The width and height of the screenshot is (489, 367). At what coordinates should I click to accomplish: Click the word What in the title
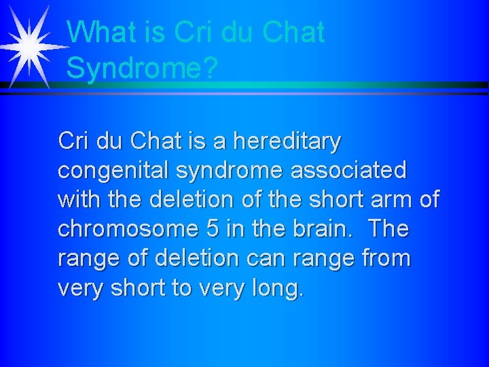pos(97,32)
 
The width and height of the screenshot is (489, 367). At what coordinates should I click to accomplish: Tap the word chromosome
pos(130,229)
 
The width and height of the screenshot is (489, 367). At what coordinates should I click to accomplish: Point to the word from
pos(387,258)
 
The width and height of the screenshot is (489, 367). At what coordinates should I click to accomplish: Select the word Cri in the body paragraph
pos(73,141)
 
